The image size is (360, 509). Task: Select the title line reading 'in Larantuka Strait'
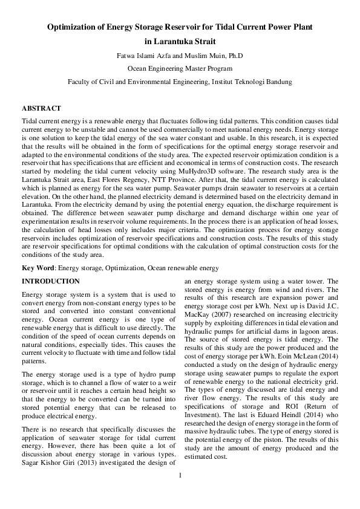pos(180,42)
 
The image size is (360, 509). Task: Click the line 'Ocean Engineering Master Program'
pos(180,69)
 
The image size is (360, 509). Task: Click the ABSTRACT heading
pos(41,108)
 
